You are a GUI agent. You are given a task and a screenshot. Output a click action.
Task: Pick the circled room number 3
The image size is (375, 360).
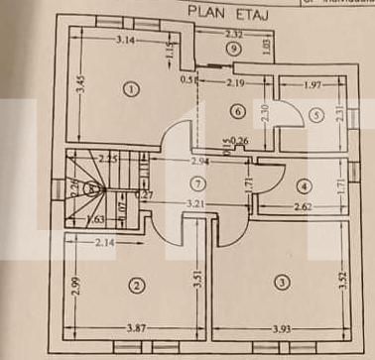pyautogui.click(x=283, y=284)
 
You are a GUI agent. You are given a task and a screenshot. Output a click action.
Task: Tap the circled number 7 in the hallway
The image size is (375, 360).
pyautogui.click(x=197, y=183)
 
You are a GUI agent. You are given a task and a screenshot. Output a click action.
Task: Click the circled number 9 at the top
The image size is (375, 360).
pyautogui.click(x=232, y=48)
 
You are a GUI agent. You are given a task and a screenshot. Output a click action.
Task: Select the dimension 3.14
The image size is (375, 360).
pyautogui.click(x=124, y=41)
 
